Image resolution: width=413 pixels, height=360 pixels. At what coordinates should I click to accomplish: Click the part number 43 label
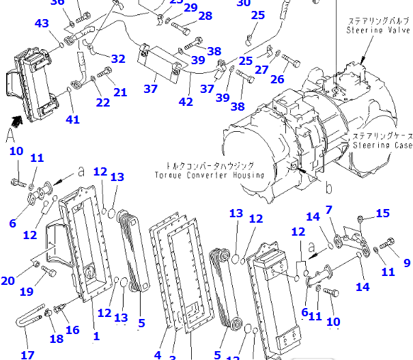(42, 24)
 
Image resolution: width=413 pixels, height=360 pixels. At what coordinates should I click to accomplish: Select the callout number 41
(72, 120)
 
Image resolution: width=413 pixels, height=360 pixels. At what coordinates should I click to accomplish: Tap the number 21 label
(120, 92)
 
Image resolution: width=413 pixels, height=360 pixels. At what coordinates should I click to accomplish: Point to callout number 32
(118, 59)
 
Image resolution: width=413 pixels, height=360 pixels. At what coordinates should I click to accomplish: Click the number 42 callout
(185, 102)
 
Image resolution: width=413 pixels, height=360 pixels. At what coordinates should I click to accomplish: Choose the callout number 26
(276, 79)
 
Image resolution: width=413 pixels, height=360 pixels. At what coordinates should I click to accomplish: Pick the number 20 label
(8, 281)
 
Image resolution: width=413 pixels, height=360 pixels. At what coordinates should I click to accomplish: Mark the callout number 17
(27, 355)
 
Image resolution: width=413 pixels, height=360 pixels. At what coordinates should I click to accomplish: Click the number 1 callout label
(96, 335)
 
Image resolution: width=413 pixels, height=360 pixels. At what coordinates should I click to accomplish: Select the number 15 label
(382, 214)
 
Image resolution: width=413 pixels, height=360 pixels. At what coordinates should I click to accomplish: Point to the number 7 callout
(329, 209)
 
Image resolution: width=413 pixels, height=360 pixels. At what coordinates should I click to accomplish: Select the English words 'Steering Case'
(382, 146)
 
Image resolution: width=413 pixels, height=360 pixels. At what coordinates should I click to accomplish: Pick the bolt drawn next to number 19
(48, 271)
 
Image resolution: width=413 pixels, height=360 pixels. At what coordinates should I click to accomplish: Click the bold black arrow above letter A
(16, 121)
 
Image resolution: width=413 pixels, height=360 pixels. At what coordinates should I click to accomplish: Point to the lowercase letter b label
(329, 186)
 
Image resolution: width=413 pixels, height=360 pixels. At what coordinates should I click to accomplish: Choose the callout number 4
(158, 355)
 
